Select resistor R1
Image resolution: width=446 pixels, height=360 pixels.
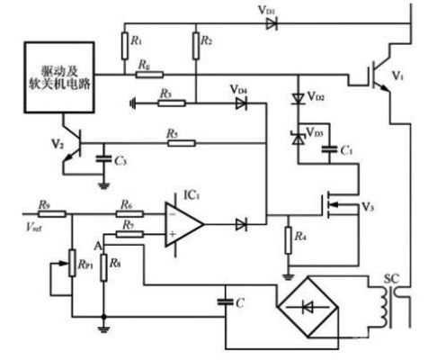(123, 43)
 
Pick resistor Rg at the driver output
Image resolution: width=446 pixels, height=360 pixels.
(143, 75)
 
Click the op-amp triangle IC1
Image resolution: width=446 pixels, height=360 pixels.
(183, 222)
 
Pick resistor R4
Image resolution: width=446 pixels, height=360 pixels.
(287, 240)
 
